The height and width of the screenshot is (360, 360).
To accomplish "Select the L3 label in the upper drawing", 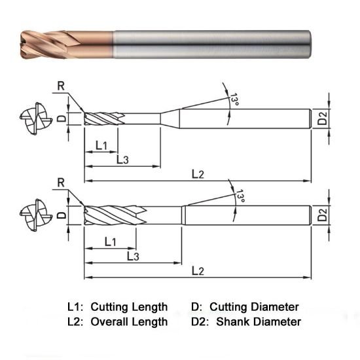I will click(x=123, y=159).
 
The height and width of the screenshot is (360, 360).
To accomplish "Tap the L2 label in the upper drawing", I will click(x=198, y=174).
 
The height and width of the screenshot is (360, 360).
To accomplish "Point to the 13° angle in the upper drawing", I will click(x=234, y=100).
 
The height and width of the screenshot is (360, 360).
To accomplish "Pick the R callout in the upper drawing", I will click(x=61, y=86).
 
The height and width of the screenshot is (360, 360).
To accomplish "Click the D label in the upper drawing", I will click(x=61, y=118).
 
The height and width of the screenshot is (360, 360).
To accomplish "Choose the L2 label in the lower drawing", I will click(x=198, y=270).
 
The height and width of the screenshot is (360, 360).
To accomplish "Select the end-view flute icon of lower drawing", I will click(x=32, y=214).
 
